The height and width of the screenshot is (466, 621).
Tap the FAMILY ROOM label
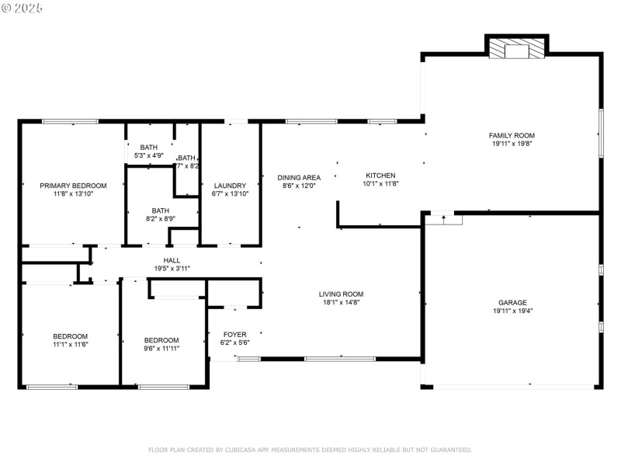pyautogui.click(x=512, y=135)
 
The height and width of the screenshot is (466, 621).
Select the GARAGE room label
pyautogui.click(x=512, y=302)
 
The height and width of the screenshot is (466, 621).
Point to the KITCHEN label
pyautogui.click(x=380, y=176)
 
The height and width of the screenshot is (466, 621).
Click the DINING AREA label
pyautogui.click(x=299, y=178)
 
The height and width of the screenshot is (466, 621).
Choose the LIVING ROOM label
pyautogui.click(x=341, y=294)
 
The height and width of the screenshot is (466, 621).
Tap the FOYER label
pyautogui.click(x=235, y=334)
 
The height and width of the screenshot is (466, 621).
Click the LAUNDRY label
pyautogui.click(x=230, y=186)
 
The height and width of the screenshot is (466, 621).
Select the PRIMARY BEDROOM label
pyautogui.click(x=73, y=186)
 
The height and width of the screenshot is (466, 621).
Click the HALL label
pyautogui.click(x=172, y=260)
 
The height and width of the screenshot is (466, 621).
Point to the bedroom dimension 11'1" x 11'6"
pyautogui.click(x=71, y=344)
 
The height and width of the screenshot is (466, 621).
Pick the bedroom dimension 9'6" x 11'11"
pyautogui.click(x=161, y=349)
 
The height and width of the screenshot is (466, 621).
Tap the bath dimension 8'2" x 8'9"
pyautogui.click(x=160, y=219)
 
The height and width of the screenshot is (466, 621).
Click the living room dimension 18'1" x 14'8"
pyautogui.click(x=341, y=302)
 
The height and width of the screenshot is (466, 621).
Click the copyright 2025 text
pyautogui.click(x=23, y=7)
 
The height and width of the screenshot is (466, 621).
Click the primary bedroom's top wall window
pyautogui.click(x=70, y=121)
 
